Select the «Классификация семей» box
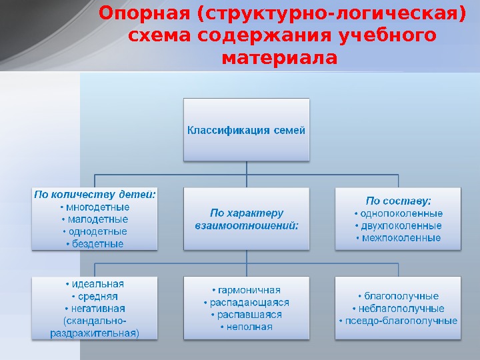click(x=247, y=130)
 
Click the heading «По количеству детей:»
click(x=95, y=195)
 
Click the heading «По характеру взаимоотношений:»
click(x=247, y=219)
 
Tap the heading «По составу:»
click(x=398, y=200)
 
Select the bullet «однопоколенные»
click(x=398, y=213)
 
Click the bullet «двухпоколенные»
click(x=398, y=225)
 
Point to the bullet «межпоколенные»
click(x=398, y=238)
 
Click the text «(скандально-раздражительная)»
click(x=95, y=327)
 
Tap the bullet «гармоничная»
click(x=247, y=290)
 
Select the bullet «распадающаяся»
click(x=247, y=303)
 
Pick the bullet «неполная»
click(x=247, y=327)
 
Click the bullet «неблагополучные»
click(x=398, y=309)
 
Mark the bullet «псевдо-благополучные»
click(x=398, y=321)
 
